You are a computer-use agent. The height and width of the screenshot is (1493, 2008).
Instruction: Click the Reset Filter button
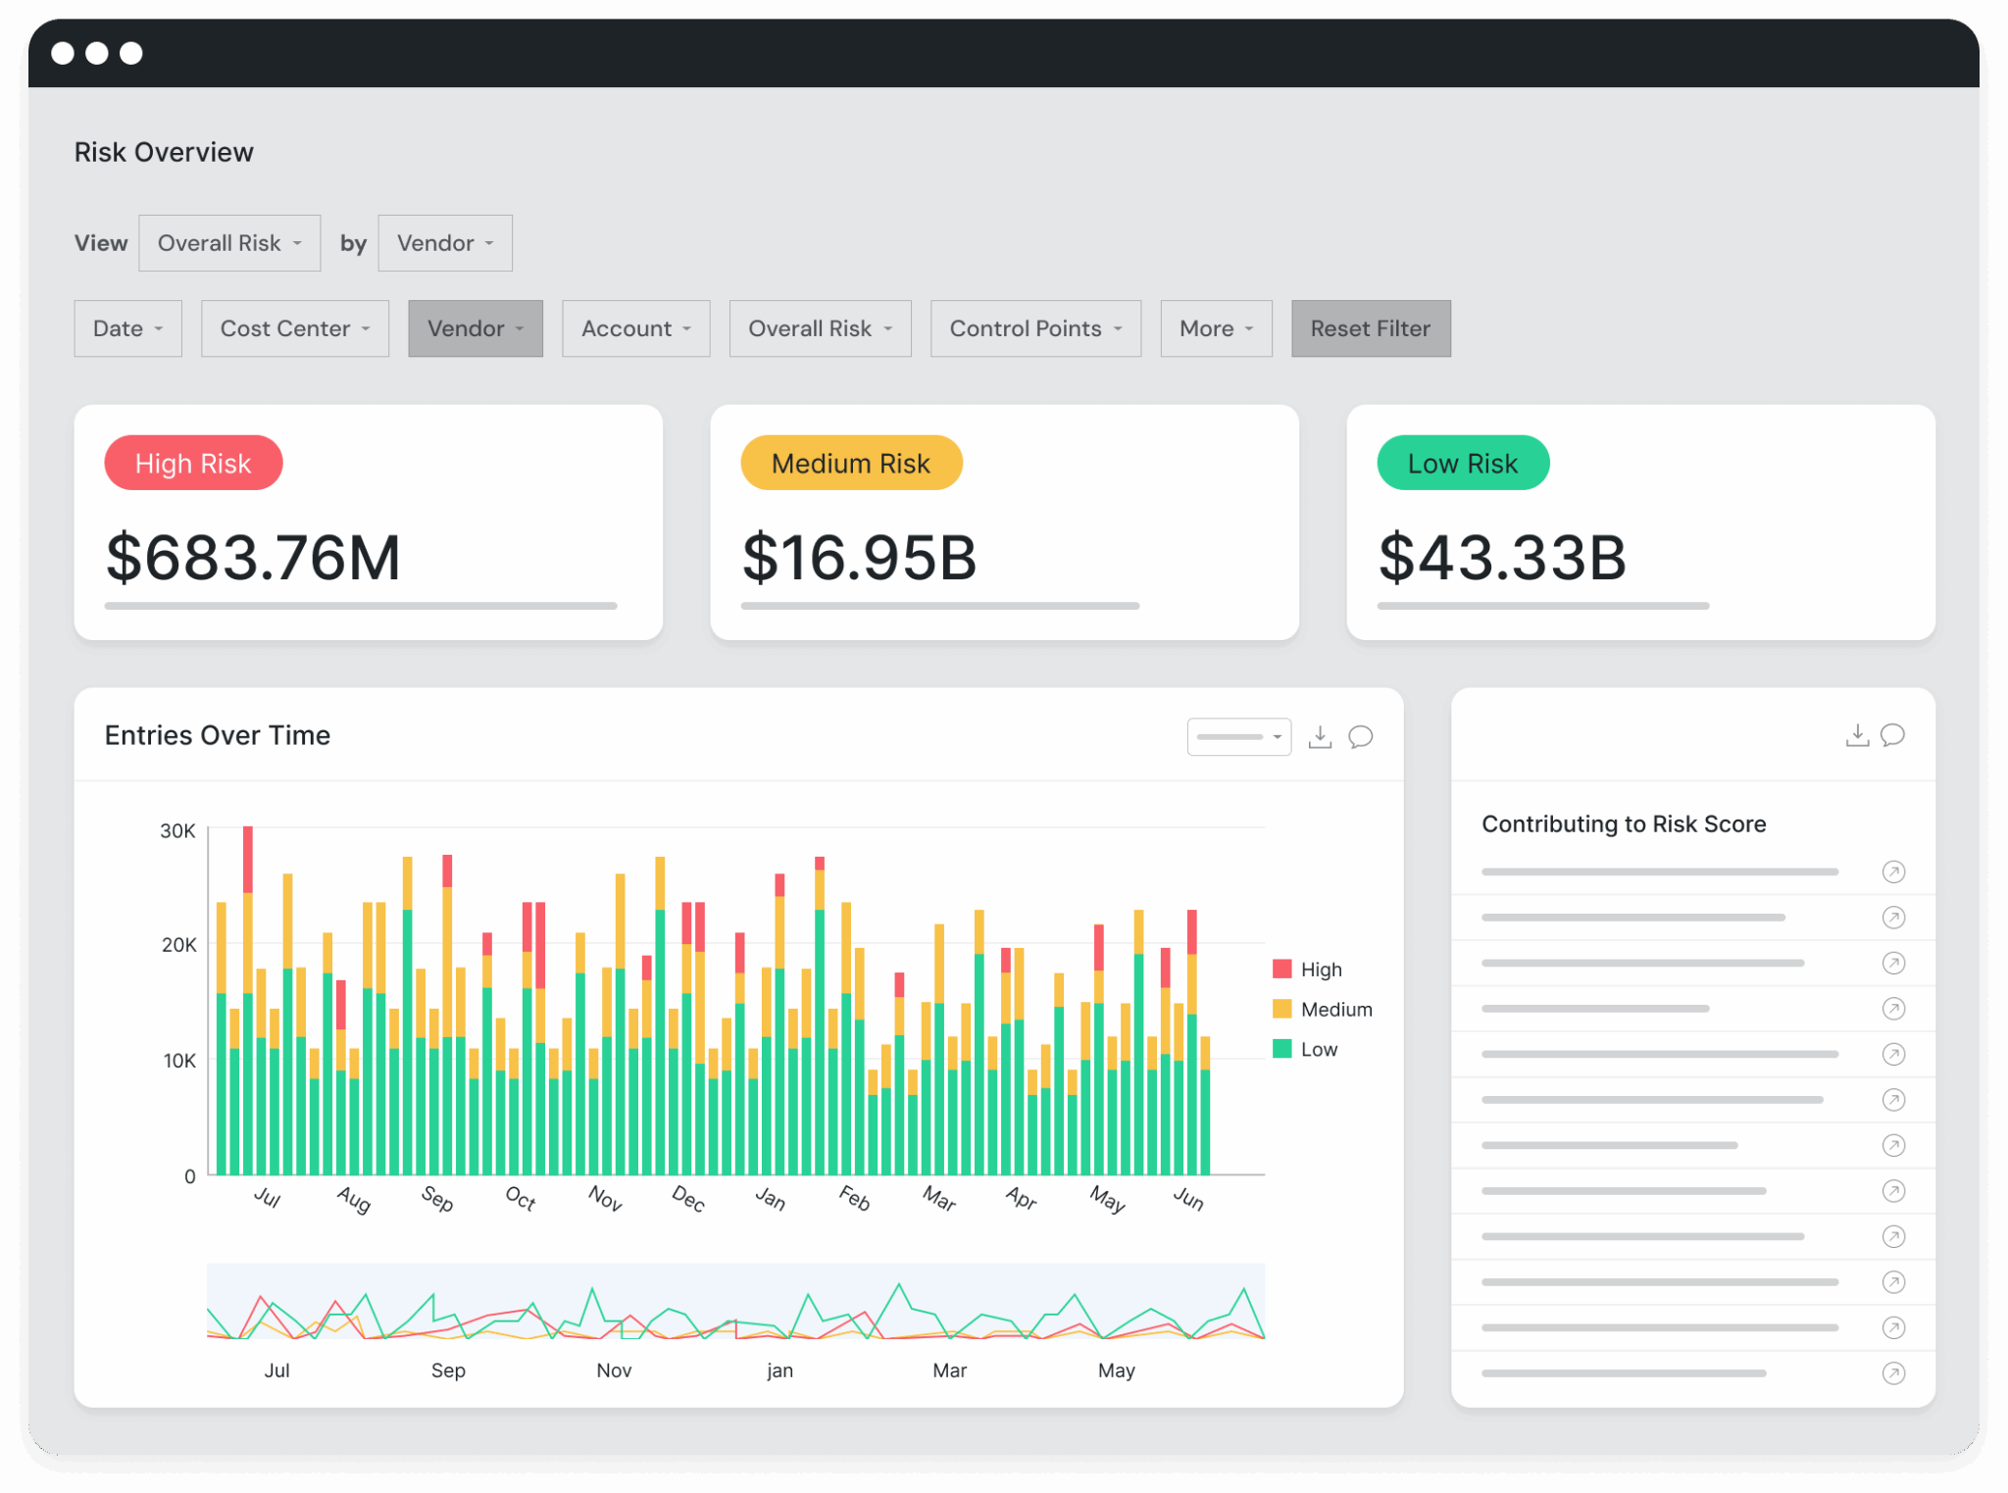(1370, 328)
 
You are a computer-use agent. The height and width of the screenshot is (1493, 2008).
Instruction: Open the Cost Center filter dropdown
(294, 328)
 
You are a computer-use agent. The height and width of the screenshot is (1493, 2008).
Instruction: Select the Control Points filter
(1034, 328)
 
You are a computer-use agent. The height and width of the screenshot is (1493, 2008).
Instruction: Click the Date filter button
(127, 328)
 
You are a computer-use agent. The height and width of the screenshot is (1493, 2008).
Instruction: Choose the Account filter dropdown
(635, 328)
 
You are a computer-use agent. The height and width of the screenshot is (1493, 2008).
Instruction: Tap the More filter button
(1215, 328)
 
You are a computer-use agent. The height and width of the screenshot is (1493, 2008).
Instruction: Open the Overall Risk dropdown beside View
(229, 243)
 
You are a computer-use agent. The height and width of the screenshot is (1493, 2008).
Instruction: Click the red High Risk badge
(193, 464)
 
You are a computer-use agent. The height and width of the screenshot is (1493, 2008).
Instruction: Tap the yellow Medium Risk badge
(850, 464)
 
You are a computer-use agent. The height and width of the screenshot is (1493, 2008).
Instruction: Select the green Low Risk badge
(1462, 464)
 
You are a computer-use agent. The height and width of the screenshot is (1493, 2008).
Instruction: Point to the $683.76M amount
(253, 558)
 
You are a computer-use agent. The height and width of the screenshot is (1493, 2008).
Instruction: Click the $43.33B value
(1501, 558)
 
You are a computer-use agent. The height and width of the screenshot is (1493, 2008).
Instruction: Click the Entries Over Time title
(217, 735)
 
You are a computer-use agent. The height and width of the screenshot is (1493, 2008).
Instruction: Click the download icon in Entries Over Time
(1320, 737)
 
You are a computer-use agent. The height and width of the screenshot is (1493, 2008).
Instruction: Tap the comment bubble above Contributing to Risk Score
(1892, 735)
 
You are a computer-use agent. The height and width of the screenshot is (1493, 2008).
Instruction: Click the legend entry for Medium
(1334, 1010)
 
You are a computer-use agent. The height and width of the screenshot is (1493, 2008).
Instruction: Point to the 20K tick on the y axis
(178, 945)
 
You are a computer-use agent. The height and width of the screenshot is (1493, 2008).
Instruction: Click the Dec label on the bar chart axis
(688, 1198)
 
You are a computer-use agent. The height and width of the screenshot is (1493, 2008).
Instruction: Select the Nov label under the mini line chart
(614, 1370)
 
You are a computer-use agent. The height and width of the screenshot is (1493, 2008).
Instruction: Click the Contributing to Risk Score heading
(1623, 824)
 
